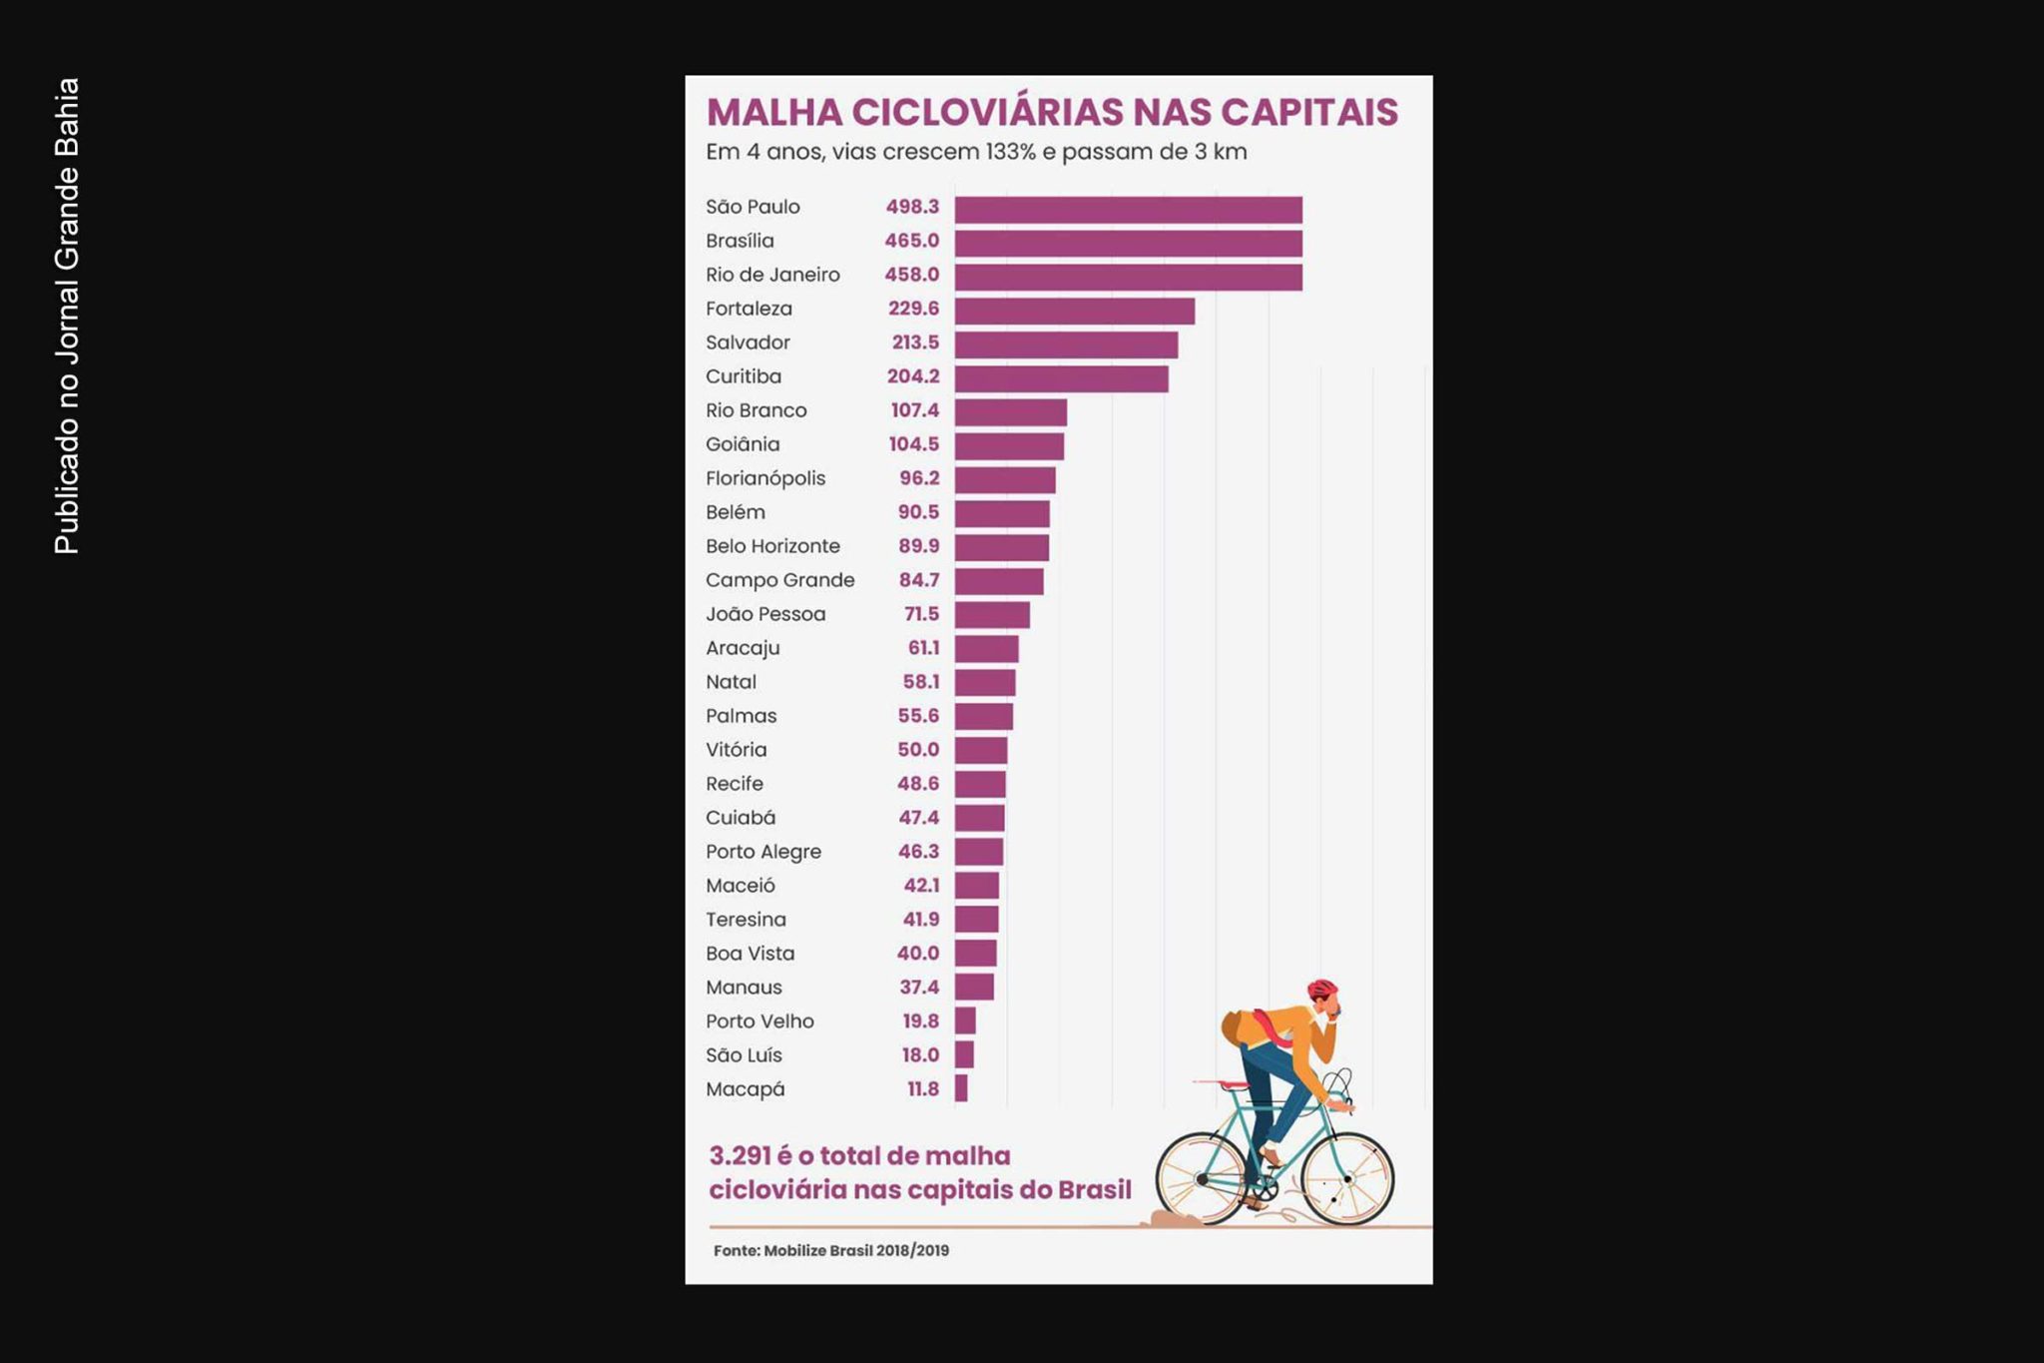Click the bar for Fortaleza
click(x=1074, y=311)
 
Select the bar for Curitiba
click(x=1061, y=378)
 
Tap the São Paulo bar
click(x=1128, y=210)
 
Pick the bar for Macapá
click(x=961, y=1088)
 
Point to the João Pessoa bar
click(x=992, y=615)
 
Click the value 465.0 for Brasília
click(x=911, y=241)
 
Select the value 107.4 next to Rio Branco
click(x=914, y=410)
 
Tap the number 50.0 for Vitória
click(x=917, y=750)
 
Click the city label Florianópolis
click(x=766, y=478)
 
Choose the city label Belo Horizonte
click(x=772, y=546)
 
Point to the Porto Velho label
click(x=760, y=1022)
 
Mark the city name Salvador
click(x=748, y=342)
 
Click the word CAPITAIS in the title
click(x=1308, y=112)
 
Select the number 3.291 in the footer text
click(x=740, y=1156)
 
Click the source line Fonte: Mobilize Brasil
click(x=830, y=1250)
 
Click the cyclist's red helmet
click(x=1321, y=990)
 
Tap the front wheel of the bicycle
click(x=1347, y=1179)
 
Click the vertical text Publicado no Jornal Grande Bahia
click(x=67, y=316)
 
